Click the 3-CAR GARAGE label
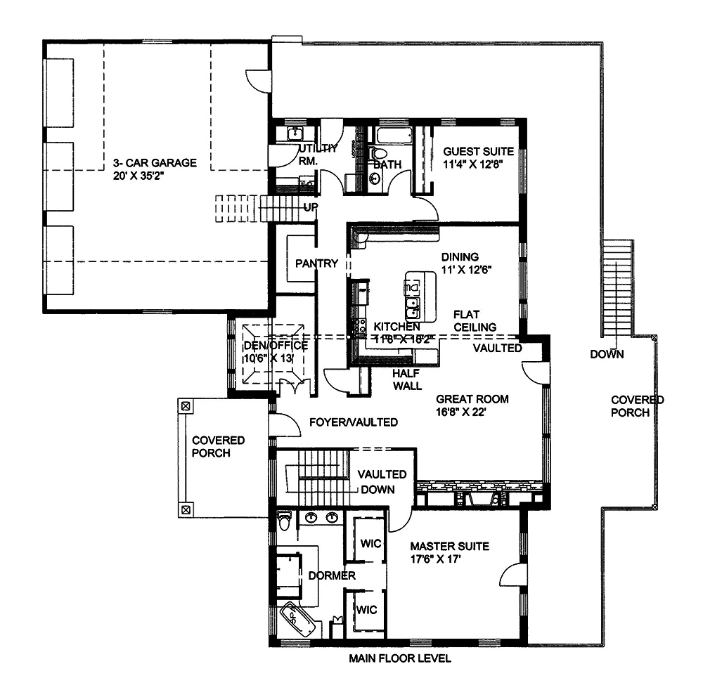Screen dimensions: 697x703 [x=155, y=163]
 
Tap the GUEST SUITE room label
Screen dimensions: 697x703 [x=478, y=151]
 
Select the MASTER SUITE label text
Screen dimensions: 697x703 [x=449, y=546]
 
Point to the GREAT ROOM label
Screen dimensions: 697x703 [x=472, y=399]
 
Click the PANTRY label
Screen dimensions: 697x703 [x=316, y=264]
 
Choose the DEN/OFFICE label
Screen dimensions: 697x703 [x=275, y=346]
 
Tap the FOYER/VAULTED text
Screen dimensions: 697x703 [x=354, y=422]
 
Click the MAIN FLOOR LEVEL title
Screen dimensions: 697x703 [x=400, y=658]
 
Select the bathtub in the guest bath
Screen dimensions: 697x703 [x=392, y=136]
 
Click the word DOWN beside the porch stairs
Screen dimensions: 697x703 [x=606, y=354]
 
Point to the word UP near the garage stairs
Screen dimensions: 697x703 [x=309, y=207]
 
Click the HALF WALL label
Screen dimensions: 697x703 [x=407, y=379]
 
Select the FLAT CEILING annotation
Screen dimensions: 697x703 [x=475, y=320]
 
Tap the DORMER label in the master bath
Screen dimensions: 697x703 [x=331, y=575]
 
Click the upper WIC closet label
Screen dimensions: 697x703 [x=370, y=544]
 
